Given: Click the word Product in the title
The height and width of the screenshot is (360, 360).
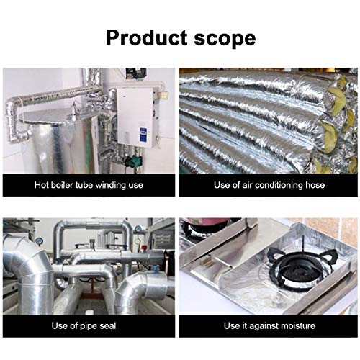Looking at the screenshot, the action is pos(146,38).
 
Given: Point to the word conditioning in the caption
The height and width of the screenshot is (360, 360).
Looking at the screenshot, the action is pos(276,186).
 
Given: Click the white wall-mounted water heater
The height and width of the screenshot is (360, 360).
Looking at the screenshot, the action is pos(136,117).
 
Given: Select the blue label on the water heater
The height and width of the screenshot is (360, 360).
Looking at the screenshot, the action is pos(143,134).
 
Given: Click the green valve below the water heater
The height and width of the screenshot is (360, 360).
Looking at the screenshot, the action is pos(132,160).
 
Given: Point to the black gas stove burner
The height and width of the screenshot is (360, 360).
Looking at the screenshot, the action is pos(304,268).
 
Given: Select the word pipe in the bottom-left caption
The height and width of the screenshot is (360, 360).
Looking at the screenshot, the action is pos(87,326).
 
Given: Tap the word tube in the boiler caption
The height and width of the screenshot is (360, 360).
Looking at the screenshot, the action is pos(84,185).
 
